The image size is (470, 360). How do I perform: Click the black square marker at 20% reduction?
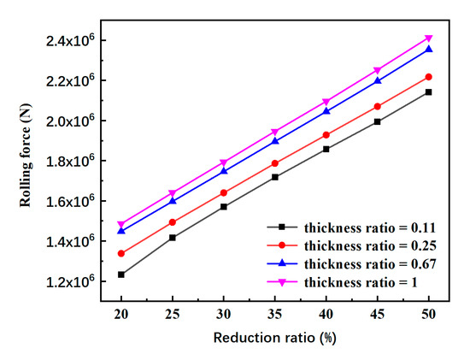[x=121, y=274]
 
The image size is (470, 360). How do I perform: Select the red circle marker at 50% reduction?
[x=428, y=77]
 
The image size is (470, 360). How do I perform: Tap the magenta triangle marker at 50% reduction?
[x=428, y=38]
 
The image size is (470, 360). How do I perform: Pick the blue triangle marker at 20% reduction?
[x=121, y=230]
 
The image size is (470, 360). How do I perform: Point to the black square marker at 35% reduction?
[x=274, y=177]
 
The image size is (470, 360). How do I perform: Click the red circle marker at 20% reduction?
[x=121, y=253]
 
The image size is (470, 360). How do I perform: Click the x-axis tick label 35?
[x=274, y=314]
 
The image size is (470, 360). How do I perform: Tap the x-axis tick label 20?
[x=121, y=314]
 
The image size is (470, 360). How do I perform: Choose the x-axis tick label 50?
[x=428, y=314]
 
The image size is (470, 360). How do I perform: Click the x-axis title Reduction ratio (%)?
[x=274, y=339]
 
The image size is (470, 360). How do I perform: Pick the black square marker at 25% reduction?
[x=173, y=238]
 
